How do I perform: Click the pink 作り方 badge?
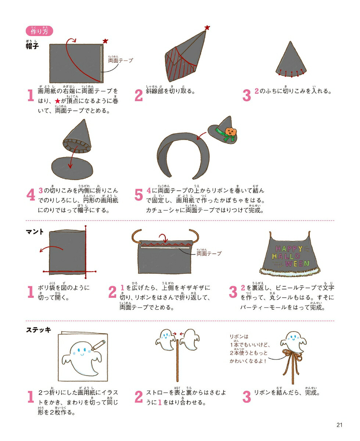point(39,31)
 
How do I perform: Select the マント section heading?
point(35,232)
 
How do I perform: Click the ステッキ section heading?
point(39,330)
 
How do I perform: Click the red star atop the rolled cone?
point(207,28)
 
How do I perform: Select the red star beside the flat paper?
point(105,41)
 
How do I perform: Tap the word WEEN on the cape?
point(297,263)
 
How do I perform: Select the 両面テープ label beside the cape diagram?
point(209,254)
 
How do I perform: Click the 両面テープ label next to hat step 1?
point(120,60)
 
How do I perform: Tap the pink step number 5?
point(138,194)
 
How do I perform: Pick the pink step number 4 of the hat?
point(31,194)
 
